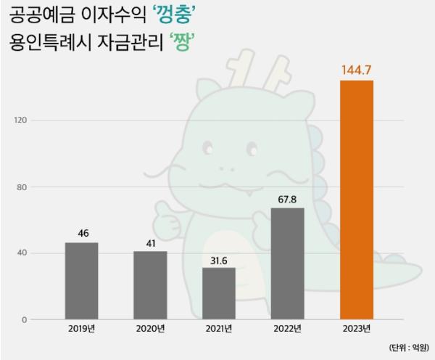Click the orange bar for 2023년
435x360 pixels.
(357, 200)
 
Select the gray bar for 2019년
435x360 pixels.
(81, 281)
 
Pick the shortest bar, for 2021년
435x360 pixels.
(219, 293)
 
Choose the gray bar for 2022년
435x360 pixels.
(288, 263)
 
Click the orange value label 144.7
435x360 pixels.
(357, 70)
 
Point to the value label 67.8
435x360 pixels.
(288, 198)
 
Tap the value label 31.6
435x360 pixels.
(219, 258)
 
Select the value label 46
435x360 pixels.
(82, 233)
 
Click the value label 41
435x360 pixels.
(150, 242)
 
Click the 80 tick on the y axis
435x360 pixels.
(22, 187)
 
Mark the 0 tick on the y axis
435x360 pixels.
(24, 319)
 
